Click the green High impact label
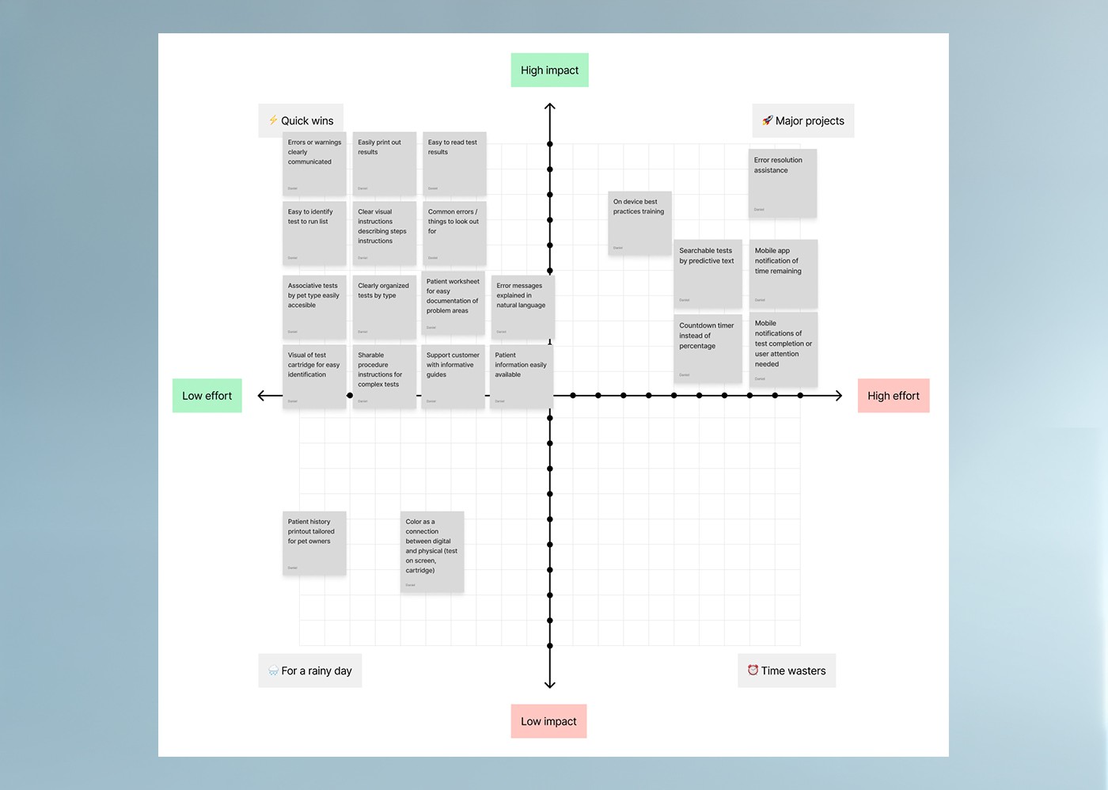pyautogui.click(x=549, y=70)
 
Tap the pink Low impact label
pyautogui.click(x=548, y=721)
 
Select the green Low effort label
pyautogui.click(x=207, y=396)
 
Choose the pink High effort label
pyautogui.click(x=893, y=396)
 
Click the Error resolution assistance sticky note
pyautogui.click(x=783, y=183)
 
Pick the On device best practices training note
pyautogui.click(x=639, y=223)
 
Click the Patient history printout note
pyautogui.click(x=314, y=543)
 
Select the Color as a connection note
pyautogui.click(x=432, y=552)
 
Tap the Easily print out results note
pyautogui.click(x=384, y=164)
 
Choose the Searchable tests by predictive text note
pyautogui.click(x=708, y=274)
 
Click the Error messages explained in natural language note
pyautogui.click(x=522, y=307)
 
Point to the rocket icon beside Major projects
pyautogui.click(x=767, y=120)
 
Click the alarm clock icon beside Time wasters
pyautogui.click(x=753, y=670)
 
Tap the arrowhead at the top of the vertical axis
pyautogui.click(x=550, y=106)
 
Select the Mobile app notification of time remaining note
pyautogui.click(x=783, y=274)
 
